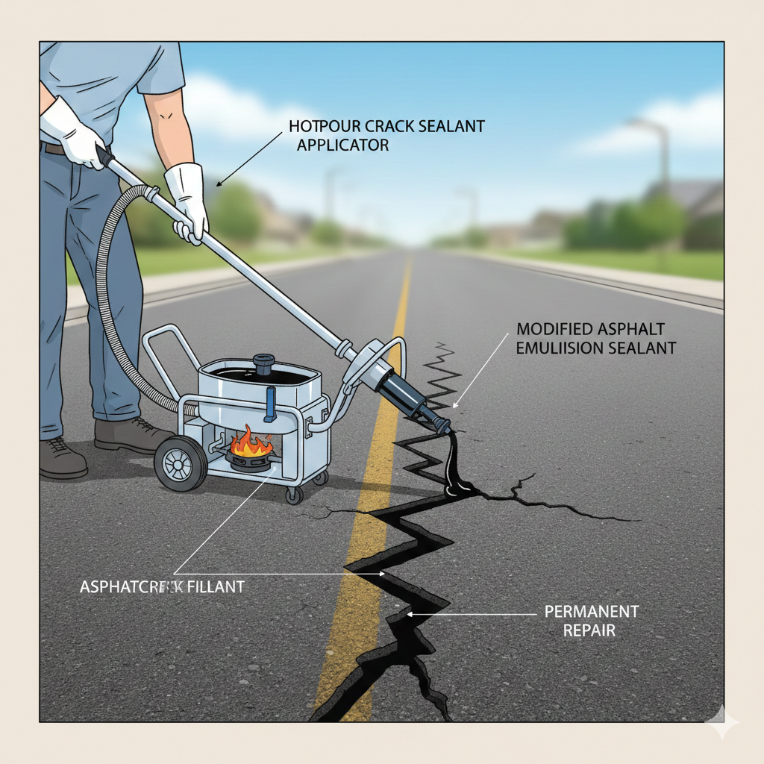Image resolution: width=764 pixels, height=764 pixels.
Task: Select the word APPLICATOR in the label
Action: click(x=342, y=145)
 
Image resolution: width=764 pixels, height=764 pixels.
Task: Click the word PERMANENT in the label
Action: click(x=592, y=612)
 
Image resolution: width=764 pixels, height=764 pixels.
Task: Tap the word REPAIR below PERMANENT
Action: click(x=589, y=630)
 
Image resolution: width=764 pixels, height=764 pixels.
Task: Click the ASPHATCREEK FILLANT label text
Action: click(x=162, y=586)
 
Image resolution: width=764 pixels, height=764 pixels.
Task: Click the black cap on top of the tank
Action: click(x=265, y=365)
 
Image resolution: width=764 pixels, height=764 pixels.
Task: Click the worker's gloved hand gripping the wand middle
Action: click(x=187, y=205)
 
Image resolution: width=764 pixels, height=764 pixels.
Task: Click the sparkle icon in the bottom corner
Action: click(x=722, y=722)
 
